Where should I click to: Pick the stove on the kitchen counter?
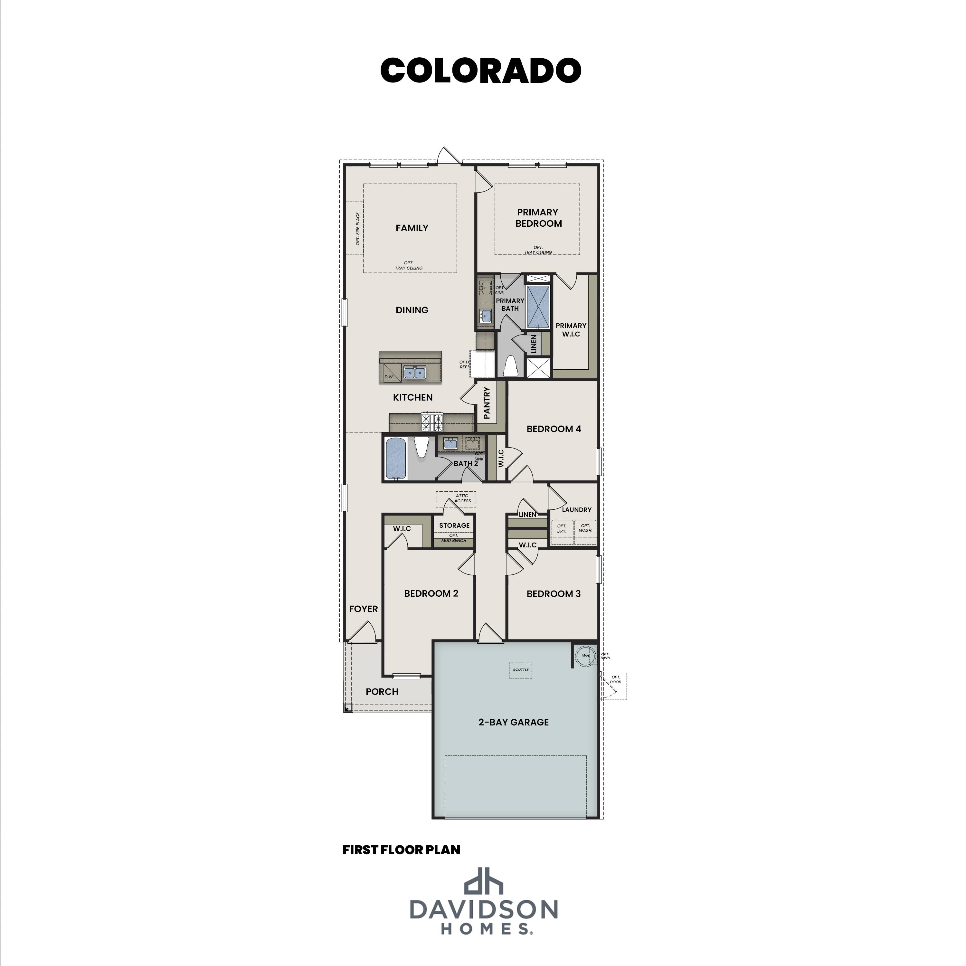[x=432, y=422]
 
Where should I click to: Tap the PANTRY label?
[x=487, y=402]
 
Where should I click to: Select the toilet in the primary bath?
[x=510, y=365]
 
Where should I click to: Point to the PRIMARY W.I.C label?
[x=571, y=330]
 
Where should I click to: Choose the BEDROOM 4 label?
[x=554, y=429]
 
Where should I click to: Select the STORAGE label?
[x=454, y=526]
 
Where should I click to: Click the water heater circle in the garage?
[x=584, y=656]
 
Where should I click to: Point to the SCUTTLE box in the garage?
[x=520, y=670]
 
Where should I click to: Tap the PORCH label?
[x=382, y=692]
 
